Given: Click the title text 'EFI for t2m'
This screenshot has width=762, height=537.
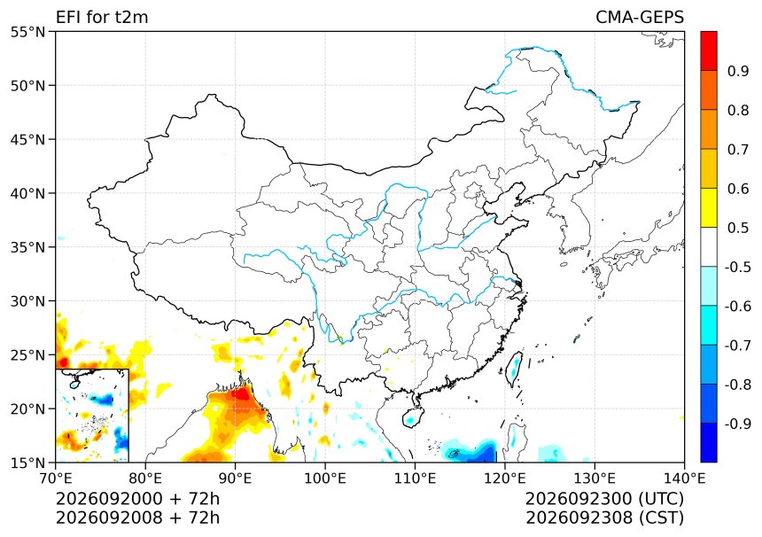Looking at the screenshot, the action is point(102,17).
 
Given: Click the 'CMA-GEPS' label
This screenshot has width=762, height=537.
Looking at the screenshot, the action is point(640,17).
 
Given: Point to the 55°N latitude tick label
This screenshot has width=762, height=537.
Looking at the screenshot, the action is point(27,32).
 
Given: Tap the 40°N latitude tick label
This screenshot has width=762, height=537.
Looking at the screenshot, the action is point(27,193).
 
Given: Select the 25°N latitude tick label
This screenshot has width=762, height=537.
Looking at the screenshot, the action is point(27,355).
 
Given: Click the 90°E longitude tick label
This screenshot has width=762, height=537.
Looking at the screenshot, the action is point(235,479).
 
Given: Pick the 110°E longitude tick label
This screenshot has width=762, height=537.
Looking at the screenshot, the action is point(415,479).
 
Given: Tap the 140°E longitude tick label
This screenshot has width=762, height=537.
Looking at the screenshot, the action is point(684,479).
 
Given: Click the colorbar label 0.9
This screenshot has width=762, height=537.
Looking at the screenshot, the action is point(738,71).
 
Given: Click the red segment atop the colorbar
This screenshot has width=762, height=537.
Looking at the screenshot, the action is point(709,51).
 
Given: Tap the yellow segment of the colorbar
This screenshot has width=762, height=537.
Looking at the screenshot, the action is point(709,208).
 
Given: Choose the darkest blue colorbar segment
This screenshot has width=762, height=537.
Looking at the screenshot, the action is point(709,443).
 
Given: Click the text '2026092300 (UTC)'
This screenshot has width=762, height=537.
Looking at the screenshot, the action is point(604,499).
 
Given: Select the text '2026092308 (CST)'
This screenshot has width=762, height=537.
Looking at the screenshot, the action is point(604,518).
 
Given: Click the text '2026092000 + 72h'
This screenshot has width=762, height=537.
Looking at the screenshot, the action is point(137,499).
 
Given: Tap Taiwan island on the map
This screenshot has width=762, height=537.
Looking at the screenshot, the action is point(514,369).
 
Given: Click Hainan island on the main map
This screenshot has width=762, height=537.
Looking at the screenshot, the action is point(411,417).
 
